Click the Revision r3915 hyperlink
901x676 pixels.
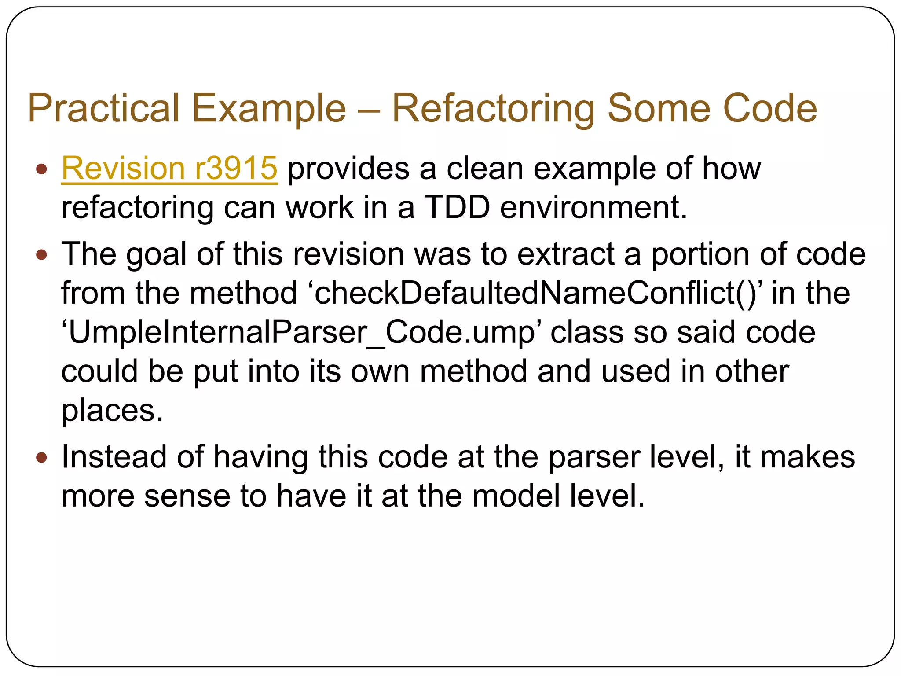tap(169, 168)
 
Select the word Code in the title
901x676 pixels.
tap(770, 108)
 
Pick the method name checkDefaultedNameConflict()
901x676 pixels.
tap(537, 293)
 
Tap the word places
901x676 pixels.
tap(112, 411)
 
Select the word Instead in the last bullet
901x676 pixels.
tap(114, 456)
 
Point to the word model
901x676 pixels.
tap(516, 496)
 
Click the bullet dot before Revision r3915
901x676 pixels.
tap(41, 169)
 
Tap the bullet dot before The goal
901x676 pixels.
tap(41, 254)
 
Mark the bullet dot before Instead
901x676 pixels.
tap(41, 458)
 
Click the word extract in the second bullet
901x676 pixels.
tap(566, 254)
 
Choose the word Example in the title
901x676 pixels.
tap(269, 108)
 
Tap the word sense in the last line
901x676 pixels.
tap(187, 496)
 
